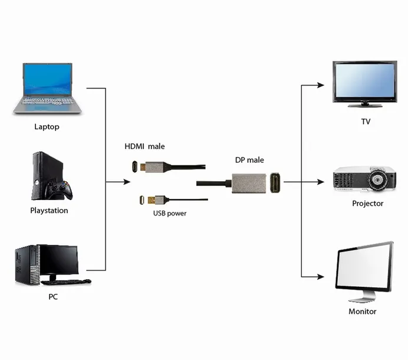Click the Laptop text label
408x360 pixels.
point(47,126)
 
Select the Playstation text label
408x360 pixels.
point(49,210)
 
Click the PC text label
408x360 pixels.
point(53,297)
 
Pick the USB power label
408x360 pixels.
point(169,213)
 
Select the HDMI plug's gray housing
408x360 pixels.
point(154,168)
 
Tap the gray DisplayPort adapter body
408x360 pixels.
point(250,184)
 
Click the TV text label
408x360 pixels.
point(366,122)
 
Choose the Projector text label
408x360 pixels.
point(367,203)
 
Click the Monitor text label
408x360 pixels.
point(362,311)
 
